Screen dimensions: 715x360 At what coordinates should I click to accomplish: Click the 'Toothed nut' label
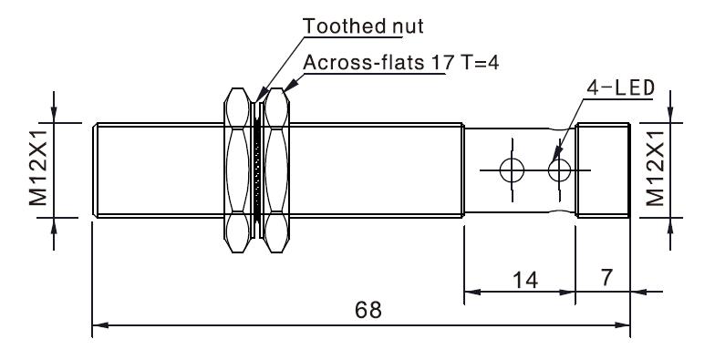click(363, 26)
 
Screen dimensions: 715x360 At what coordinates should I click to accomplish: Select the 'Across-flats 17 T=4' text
click(401, 62)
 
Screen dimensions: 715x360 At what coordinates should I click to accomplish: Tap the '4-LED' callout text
click(620, 87)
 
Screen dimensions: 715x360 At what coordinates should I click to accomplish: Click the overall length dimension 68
click(368, 310)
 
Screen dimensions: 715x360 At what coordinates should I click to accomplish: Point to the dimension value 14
click(525, 280)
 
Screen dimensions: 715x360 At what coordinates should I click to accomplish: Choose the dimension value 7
click(606, 277)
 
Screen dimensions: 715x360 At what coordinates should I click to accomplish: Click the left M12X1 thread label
click(38, 167)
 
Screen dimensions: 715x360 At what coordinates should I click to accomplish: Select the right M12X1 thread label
click(655, 168)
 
